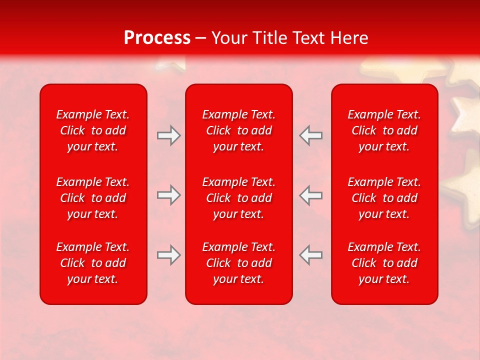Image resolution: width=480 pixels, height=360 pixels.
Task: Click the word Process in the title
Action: point(157,38)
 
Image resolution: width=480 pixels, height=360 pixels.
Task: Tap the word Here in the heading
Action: point(349,38)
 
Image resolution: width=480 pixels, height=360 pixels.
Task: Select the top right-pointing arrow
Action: point(168,135)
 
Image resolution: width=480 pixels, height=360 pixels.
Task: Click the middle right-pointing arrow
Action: point(168,195)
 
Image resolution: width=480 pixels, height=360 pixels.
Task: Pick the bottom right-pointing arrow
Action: point(168,255)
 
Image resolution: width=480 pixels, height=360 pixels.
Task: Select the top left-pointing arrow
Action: point(311,135)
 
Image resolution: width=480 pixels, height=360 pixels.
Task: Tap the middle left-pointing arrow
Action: point(311,195)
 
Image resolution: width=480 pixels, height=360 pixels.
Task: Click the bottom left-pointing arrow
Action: point(311,255)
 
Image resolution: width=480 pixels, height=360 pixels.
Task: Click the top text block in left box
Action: point(93,130)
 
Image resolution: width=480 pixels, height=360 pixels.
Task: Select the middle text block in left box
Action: point(93,198)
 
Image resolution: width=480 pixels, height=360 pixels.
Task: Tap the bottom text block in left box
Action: point(93,263)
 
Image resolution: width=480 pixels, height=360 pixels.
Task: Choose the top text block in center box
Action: point(239,130)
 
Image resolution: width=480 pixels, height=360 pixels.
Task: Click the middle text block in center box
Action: point(239,198)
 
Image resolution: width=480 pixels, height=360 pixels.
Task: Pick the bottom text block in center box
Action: point(239,263)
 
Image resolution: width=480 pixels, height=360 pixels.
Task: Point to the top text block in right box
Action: point(384,130)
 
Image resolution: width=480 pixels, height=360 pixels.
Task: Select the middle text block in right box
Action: point(384,198)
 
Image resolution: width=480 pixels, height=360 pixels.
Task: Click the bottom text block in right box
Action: point(384,263)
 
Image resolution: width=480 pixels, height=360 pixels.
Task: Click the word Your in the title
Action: point(229,38)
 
